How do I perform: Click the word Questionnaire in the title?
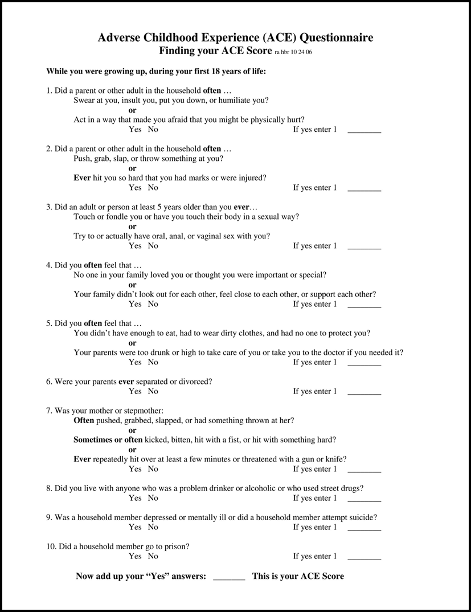337,38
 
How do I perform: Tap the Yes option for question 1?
135,129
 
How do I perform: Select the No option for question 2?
153,188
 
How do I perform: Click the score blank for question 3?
364,247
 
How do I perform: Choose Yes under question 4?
135,304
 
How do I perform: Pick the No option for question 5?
153,362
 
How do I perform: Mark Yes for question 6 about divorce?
135,391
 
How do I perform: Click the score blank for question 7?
364,470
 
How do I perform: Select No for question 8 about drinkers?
153,498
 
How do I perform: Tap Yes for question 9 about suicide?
135,527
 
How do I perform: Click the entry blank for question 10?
364,557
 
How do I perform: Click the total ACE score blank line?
229,577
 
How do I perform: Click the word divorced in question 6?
197,382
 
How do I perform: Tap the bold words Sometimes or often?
108,440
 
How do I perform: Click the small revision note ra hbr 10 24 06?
293,52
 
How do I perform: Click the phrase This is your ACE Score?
298,576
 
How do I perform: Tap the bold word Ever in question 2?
82,178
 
